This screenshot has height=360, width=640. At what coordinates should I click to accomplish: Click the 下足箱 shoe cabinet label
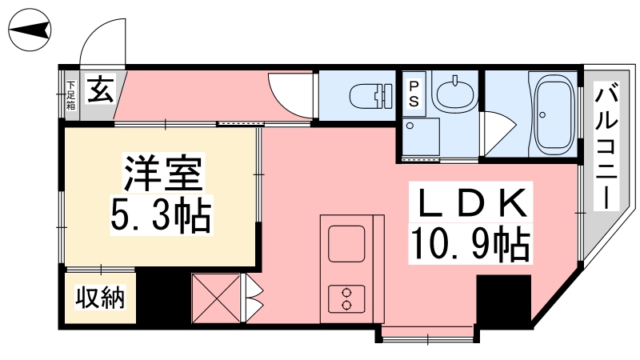tap(70, 94)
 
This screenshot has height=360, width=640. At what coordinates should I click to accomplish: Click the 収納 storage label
tap(100, 298)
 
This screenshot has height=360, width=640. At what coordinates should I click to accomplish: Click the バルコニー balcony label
tap(605, 148)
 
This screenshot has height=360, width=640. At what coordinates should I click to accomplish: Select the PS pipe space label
tap(414, 93)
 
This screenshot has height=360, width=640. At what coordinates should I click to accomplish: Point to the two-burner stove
tap(346, 298)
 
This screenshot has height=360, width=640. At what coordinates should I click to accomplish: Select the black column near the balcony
tap(503, 299)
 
